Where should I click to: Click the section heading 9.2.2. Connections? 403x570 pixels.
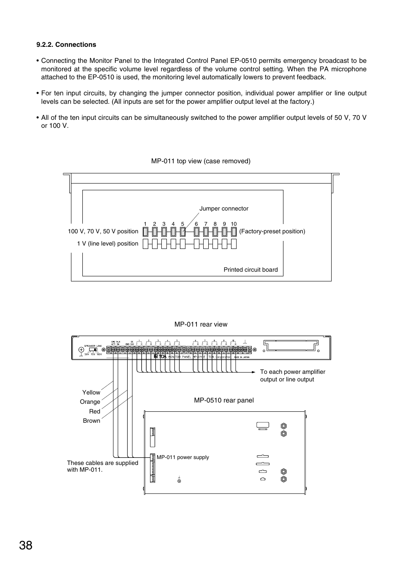point(66,45)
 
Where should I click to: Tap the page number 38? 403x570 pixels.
point(25,546)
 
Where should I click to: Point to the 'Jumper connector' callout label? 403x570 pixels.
point(224,208)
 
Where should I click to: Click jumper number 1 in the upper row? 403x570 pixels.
point(145,231)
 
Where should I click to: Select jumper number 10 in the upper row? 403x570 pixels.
point(234,231)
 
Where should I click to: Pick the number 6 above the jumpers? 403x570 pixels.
point(196,224)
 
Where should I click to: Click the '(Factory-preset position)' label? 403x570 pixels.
point(272,231)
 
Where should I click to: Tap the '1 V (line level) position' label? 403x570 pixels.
point(107,243)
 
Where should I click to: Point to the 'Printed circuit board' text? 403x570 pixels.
point(251,270)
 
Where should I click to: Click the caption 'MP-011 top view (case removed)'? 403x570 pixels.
point(201,161)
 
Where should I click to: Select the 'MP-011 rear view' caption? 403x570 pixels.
point(201,324)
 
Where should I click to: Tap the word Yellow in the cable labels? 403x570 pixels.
point(91,392)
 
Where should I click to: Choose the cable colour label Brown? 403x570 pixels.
point(92,421)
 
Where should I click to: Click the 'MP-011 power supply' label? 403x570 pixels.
point(182,457)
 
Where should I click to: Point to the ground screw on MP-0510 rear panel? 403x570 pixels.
point(179,481)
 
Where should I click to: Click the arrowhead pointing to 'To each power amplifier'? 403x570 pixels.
point(253,372)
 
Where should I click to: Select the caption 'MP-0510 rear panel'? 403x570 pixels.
point(224,400)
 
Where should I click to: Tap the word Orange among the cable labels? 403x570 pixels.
point(90,402)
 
